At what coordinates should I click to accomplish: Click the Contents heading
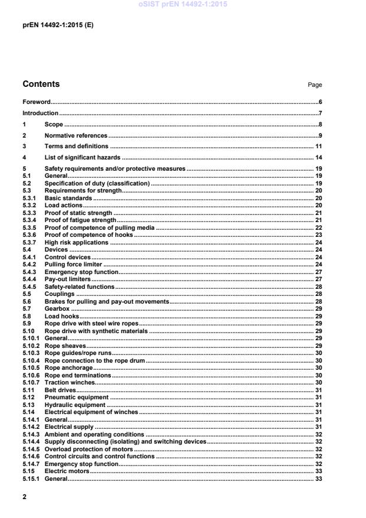pos(41,84)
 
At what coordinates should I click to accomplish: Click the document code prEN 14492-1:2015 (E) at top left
pos(57,26)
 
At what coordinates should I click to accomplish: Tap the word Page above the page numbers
pos(315,85)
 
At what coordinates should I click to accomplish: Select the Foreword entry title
pos(37,102)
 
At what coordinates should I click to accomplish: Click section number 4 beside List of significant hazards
pos(24,158)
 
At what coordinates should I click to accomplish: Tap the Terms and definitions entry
pos(76,146)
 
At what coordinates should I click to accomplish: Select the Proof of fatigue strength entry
pos(80,220)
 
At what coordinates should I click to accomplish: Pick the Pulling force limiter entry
pos(74,265)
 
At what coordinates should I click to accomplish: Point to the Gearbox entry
pos(57,309)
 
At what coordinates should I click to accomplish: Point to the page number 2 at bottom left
pos(24,498)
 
